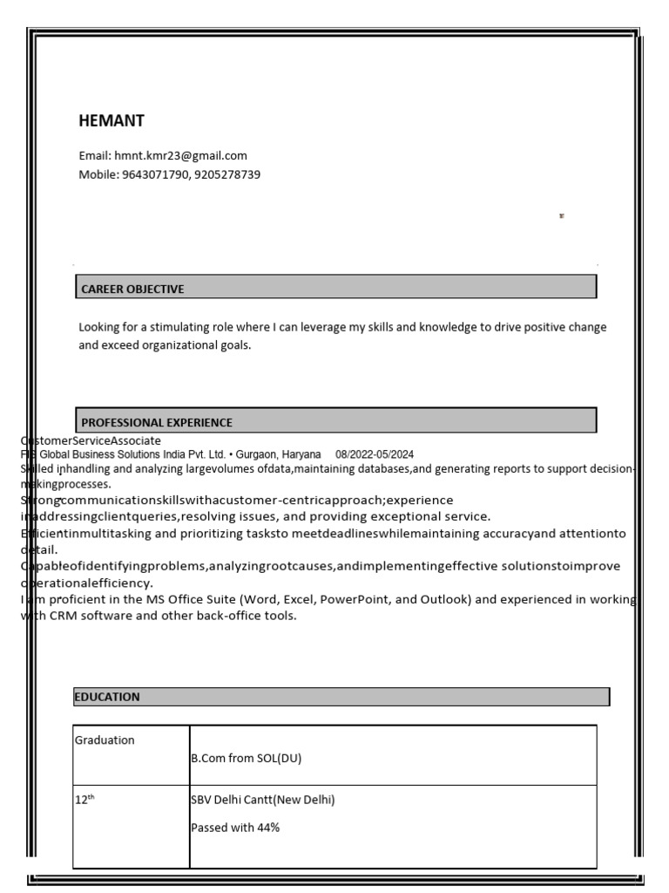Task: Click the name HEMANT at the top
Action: [x=111, y=121]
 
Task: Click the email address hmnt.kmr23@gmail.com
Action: [x=180, y=156]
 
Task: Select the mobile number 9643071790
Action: [x=152, y=174]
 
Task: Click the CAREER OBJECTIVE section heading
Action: [x=132, y=289]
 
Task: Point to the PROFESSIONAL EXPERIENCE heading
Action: [x=157, y=422]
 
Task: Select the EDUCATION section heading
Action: [x=107, y=697]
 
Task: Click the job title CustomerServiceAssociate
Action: [x=91, y=441]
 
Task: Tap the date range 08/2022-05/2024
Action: [x=375, y=455]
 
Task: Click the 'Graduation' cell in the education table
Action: [x=105, y=740]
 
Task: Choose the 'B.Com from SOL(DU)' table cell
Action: [x=246, y=759]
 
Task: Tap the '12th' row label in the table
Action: [x=84, y=801]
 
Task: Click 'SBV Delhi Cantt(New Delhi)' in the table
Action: [x=262, y=801]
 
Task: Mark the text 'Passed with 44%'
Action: [x=235, y=828]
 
